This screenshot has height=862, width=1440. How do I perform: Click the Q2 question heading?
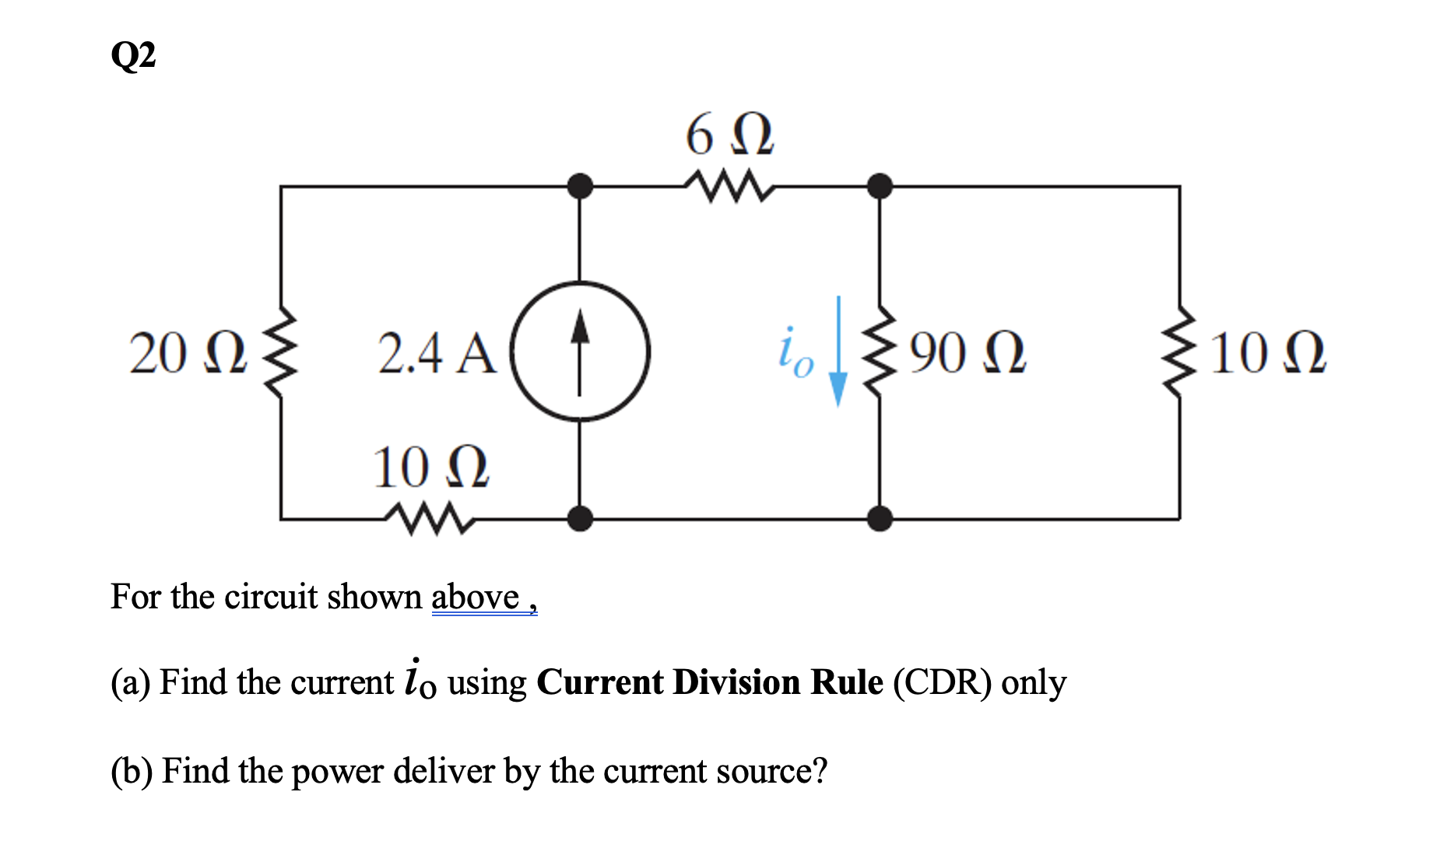point(133,56)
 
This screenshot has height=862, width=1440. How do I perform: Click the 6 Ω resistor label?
point(729,135)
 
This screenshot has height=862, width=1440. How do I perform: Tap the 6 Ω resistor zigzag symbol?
point(729,187)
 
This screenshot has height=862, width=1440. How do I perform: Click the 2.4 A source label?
point(437,354)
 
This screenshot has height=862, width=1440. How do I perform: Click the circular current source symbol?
point(579,352)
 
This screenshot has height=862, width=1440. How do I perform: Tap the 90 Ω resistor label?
point(968,354)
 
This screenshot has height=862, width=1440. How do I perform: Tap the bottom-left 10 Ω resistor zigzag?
point(430,517)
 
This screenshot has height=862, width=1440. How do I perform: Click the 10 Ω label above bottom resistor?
point(430,468)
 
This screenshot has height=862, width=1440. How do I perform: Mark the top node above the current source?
point(579,187)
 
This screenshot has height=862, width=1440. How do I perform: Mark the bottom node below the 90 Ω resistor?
point(880,517)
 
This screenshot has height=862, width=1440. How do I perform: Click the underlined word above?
point(475,597)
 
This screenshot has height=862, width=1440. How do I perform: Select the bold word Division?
point(736,682)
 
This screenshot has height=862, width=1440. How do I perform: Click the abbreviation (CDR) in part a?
point(942,682)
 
